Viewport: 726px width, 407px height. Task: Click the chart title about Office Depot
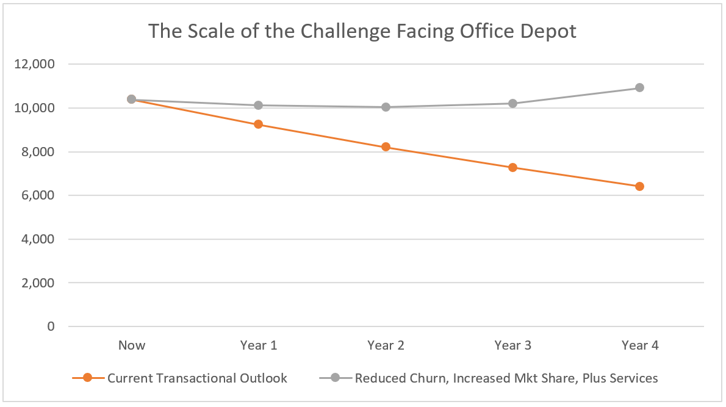pyautogui.click(x=362, y=31)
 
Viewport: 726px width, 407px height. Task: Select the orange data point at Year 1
pyautogui.click(x=258, y=124)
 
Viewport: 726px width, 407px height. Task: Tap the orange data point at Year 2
pyautogui.click(x=386, y=147)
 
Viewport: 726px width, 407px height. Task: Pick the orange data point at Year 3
pyautogui.click(x=512, y=167)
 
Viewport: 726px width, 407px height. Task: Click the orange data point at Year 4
pyautogui.click(x=639, y=186)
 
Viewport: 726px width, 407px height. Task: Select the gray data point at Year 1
pyautogui.click(x=258, y=105)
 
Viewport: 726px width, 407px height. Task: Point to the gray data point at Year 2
pyautogui.click(x=386, y=107)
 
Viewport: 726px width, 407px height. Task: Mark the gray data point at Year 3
pyautogui.click(x=512, y=103)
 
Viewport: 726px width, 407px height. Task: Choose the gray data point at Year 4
pyautogui.click(x=639, y=87)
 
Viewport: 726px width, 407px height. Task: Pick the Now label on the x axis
pyautogui.click(x=132, y=345)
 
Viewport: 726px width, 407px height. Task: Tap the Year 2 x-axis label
pyautogui.click(x=386, y=345)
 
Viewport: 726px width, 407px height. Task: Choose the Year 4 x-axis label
pyautogui.click(x=639, y=345)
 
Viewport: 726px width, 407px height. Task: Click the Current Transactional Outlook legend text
pyautogui.click(x=197, y=378)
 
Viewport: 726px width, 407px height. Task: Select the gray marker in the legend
pyautogui.click(x=335, y=378)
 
